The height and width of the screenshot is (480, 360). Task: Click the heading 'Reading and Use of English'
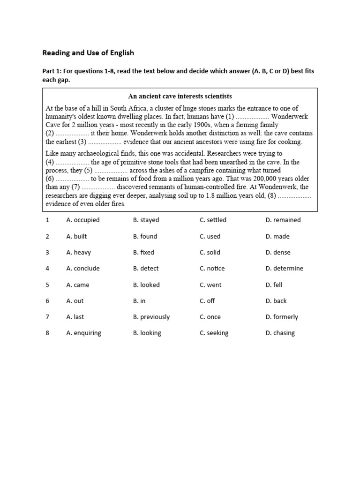coord(88,53)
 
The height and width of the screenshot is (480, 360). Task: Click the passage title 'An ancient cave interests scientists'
coord(180,97)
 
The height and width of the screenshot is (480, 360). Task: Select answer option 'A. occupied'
coord(83,220)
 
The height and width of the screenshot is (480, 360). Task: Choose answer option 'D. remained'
coord(283,220)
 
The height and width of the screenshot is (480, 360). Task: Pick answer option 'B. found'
coord(145,236)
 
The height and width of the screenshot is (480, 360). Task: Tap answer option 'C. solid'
coord(210,252)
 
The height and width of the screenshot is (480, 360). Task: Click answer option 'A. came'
coord(78,285)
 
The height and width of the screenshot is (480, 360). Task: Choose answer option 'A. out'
coord(75,301)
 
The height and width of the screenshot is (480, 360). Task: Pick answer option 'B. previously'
coord(151,317)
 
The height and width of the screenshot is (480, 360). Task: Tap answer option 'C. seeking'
coord(214,333)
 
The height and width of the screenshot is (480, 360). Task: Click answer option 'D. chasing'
coord(280,333)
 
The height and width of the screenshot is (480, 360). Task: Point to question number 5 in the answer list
coord(47,285)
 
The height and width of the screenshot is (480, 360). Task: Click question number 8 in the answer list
coord(47,333)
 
